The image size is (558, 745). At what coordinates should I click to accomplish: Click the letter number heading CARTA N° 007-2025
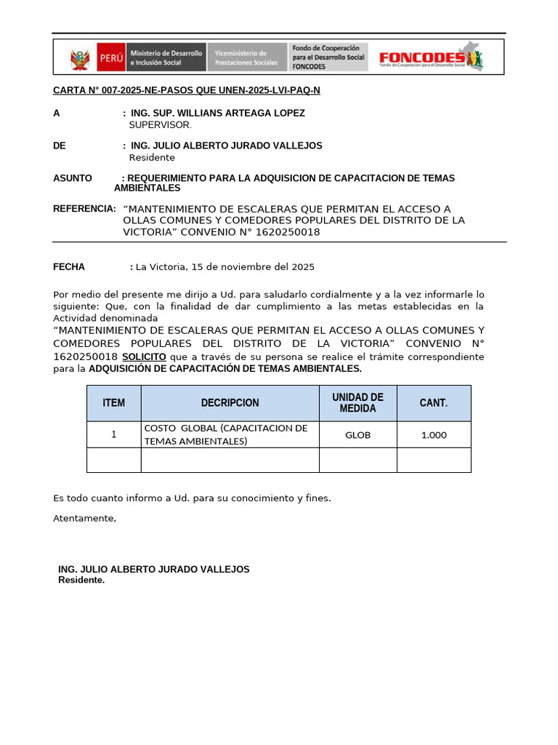[186, 90]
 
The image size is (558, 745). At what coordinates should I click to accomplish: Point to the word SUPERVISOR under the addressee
[160, 125]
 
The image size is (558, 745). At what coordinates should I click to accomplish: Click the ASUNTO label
[73, 178]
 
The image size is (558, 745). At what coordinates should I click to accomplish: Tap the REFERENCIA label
[84, 209]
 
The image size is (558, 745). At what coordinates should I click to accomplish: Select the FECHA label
[69, 267]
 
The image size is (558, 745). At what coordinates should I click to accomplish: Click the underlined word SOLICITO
[144, 357]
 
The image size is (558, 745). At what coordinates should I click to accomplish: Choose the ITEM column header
[113, 403]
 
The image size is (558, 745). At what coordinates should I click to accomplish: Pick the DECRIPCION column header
[230, 403]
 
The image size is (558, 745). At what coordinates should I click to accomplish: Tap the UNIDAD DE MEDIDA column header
[357, 403]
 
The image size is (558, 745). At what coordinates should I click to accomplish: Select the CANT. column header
[434, 403]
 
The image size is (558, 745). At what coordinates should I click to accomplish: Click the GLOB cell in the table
[357, 435]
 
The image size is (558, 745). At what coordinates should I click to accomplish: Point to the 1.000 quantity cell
[434, 435]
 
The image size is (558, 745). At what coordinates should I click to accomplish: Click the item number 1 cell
[113, 435]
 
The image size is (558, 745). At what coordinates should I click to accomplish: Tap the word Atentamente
[84, 519]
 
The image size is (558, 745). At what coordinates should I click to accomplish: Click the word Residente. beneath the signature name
[81, 581]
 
